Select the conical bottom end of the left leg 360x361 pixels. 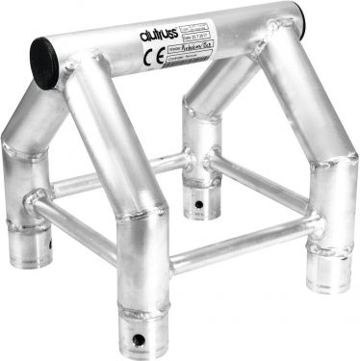36,251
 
